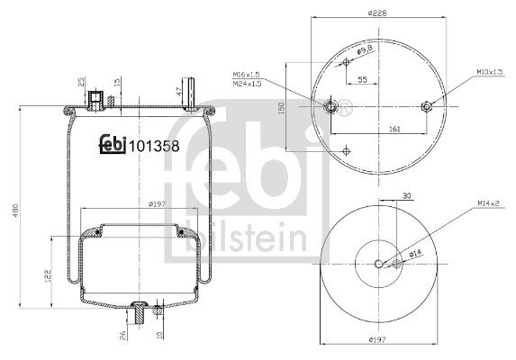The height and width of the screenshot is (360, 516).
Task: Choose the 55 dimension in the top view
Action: (x=362, y=80)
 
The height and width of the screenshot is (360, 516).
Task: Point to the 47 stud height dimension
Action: (x=179, y=91)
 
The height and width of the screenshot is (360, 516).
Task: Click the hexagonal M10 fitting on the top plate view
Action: (x=427, y=106)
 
